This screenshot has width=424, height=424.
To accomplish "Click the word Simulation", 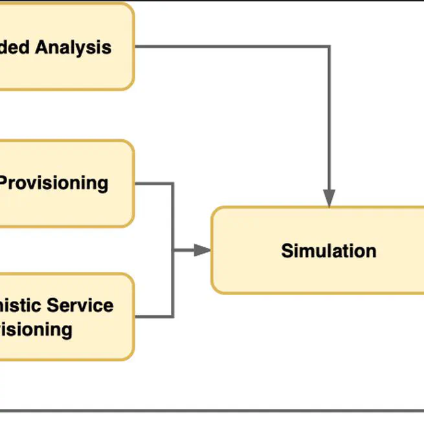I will (328, 251).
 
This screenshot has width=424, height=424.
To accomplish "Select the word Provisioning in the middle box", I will (53, 183).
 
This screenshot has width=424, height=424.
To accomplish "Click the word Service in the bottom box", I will (80, 305).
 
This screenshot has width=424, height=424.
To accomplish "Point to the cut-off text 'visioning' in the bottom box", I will (36, 329).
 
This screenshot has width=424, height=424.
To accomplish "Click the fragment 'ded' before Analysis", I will (15, 47).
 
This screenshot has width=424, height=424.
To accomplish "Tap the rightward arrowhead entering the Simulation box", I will (203, 250).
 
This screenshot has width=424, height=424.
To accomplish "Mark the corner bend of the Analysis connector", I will (329, 47).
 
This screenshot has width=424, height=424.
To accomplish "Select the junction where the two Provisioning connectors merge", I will (173, 250).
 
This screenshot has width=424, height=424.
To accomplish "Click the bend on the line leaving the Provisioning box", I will (173, 183).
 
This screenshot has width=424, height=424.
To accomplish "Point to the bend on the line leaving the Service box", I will (173, 317).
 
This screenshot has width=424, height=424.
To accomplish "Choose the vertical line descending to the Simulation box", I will (329, 117).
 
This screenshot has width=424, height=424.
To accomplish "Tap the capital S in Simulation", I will (287, 251).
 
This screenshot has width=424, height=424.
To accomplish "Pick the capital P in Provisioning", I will (5, 183).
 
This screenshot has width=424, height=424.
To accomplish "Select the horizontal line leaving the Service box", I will (153, 317).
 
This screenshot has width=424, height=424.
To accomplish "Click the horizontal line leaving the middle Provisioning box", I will (153, 183).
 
